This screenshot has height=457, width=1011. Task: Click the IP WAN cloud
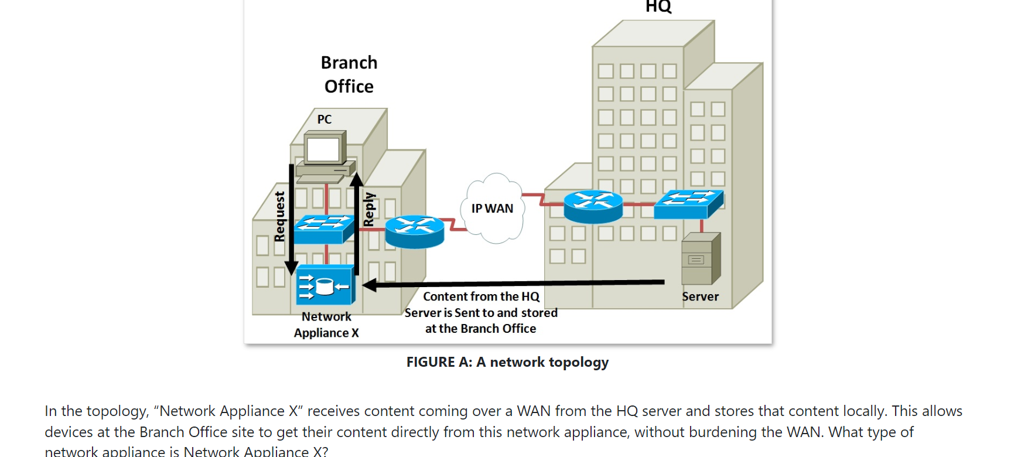click(493, 209)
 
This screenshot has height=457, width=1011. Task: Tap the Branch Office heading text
click(349, 74)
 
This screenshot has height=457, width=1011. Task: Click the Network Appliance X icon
click(325, 285)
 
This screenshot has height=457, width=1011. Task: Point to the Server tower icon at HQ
click(701, 259)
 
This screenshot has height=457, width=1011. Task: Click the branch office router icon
click(415, 231)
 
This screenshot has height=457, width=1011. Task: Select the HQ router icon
click(593, 206)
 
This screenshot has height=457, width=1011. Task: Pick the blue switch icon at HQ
click(688, 204)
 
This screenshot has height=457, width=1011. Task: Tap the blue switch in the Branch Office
click(323, 228)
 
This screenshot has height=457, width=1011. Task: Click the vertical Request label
click(279, 216)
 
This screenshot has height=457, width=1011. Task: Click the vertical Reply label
click(368, 209)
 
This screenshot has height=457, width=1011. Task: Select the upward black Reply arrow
click(356, 223)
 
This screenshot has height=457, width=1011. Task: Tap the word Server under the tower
click(700, 296)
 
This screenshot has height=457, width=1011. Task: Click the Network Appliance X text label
click(326, 325)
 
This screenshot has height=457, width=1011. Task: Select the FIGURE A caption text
click(507, 362)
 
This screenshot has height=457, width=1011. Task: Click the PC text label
click(324, 120)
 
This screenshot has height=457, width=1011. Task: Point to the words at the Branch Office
click(480, 329)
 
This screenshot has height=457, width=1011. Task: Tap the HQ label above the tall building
click(658, 7)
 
